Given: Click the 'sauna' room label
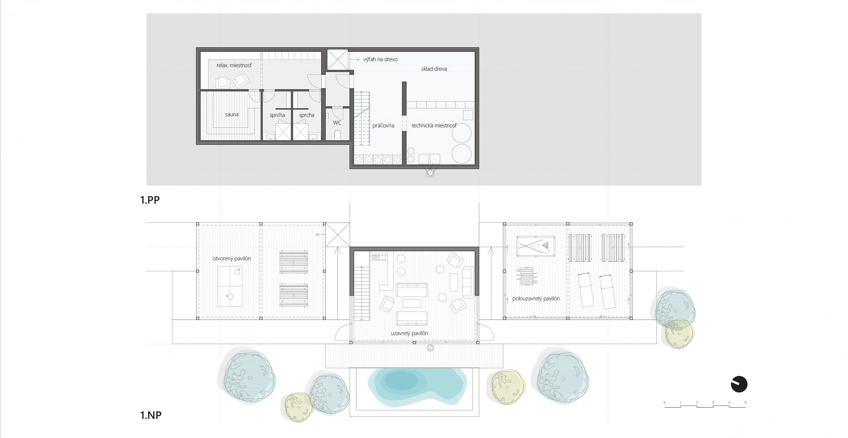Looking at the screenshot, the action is click(x=231, y=115).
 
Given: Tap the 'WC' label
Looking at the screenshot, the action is click(x=337, y=123).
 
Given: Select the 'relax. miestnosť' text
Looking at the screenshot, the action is click(x=234, y=65).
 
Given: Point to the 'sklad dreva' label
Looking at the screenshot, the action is click(x=434, y=69).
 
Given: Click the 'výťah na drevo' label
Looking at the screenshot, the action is click(x=381, y=59).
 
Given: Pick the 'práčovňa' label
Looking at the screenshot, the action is click(x=383, y=126).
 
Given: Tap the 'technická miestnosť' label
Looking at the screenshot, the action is click(x=434, y=126).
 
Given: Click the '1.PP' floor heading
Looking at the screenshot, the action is click(x=150, y=200).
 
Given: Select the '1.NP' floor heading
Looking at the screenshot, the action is click(x=151, y=415).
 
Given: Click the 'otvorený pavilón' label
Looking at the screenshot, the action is click(x=231, y=258).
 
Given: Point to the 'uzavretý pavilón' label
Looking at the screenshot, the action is click(x=409, y=333).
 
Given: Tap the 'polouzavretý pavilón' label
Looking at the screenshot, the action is click(x=536, y=299).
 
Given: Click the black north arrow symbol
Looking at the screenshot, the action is click(x=739, y=384).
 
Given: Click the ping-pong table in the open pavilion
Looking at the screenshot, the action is click(x=230, y=286).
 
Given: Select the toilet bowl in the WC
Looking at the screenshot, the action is click(x=337, y=135).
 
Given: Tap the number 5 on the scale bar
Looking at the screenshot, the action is click(x=745, y=403).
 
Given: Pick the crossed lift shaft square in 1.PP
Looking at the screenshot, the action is click(x=337, y=60).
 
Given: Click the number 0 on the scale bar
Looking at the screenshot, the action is click(x=665, y=403).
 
